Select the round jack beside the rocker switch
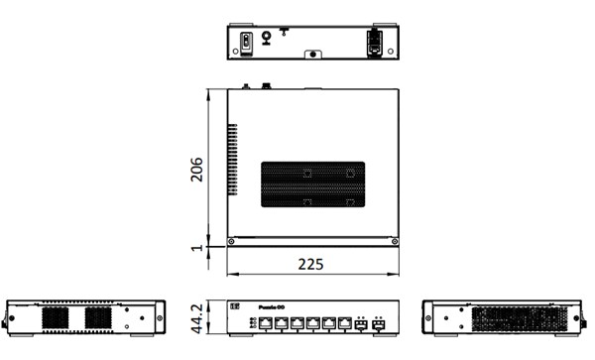[x=266, y=40]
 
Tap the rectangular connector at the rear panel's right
[x=375, y=41]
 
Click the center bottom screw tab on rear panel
[x=312, y=57]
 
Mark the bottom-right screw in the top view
[x=395, y=241]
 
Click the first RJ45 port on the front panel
[x=266, y=323]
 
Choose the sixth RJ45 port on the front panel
[x=343, y=323]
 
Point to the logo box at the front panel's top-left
[x=236, y=307]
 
